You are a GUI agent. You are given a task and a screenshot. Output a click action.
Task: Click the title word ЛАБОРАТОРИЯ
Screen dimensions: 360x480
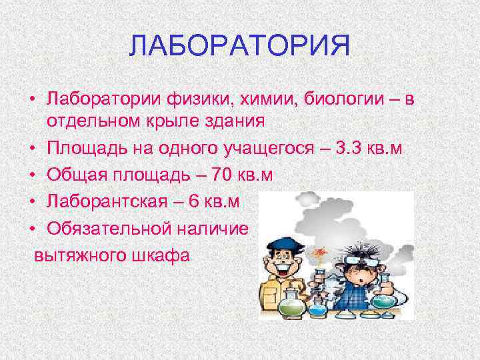click(240, 47)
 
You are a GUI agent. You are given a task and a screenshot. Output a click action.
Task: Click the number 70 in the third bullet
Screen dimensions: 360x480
click(221, 175)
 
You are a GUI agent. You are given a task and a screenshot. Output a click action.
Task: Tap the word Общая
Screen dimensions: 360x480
click(73, 175)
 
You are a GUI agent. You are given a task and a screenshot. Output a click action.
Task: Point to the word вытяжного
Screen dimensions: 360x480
click(75, 255)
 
